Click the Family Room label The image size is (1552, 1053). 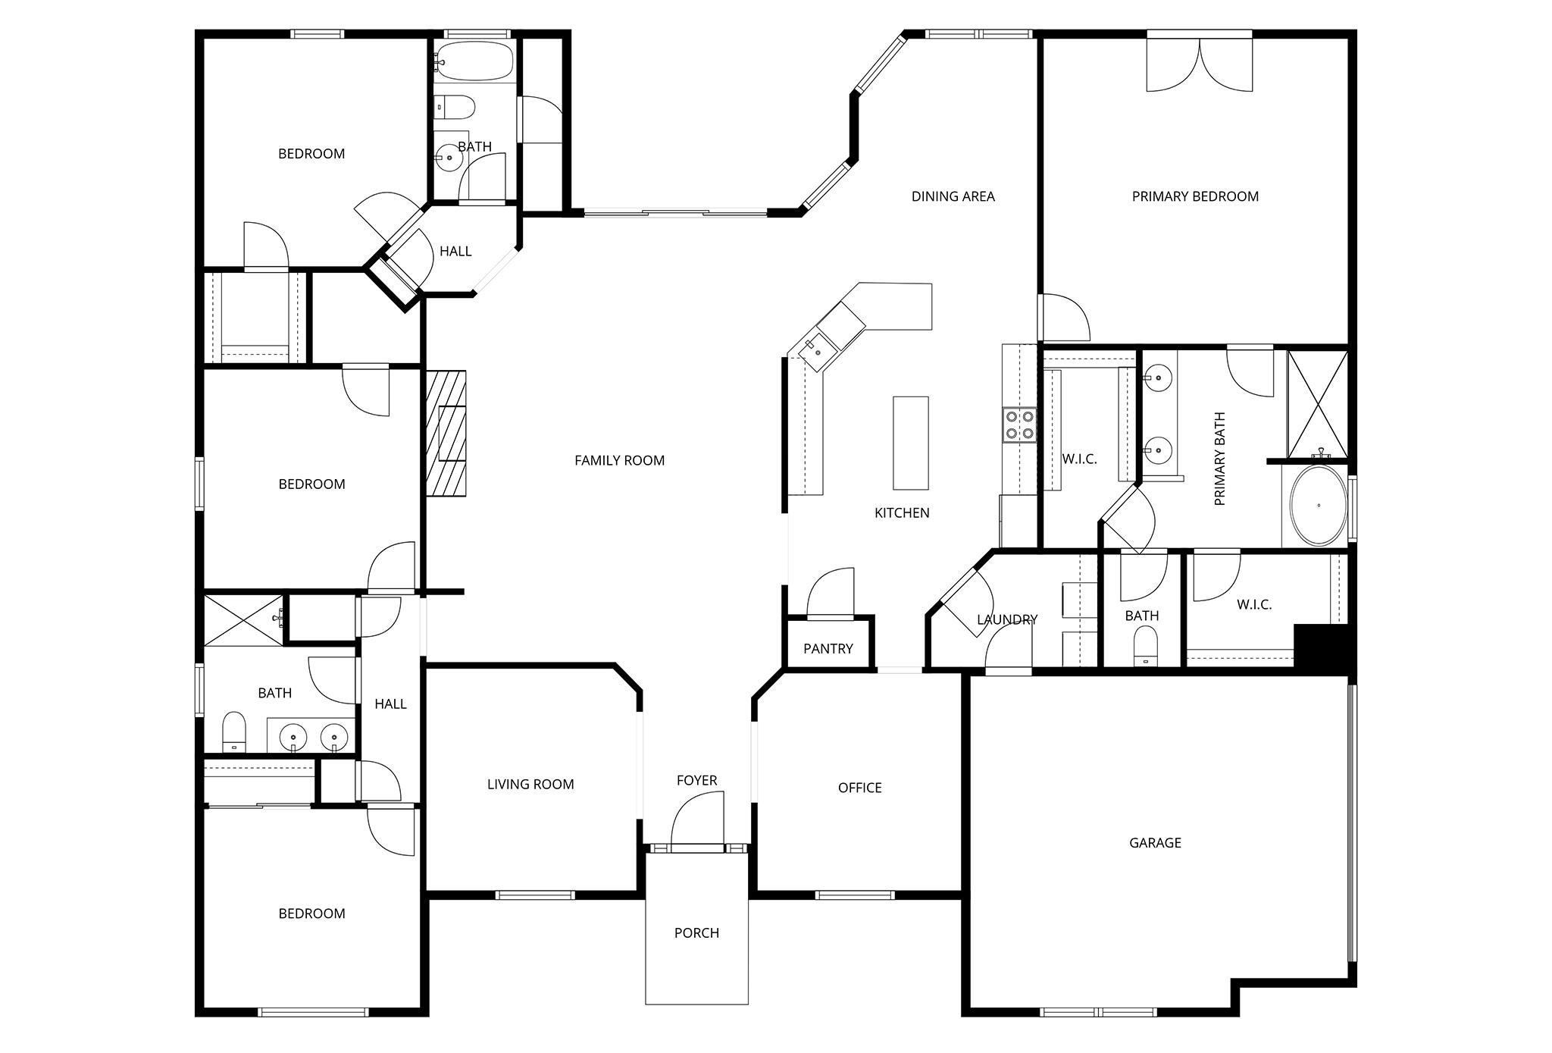(x=619, y=460)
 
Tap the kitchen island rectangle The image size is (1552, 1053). (x=910, y=443)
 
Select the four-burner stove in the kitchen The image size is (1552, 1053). (x=1019, y=425)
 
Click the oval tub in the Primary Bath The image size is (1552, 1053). (x=1319, y=506)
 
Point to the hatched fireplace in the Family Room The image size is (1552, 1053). (x=446, y=434)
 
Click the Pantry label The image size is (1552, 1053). (x=828, y=648)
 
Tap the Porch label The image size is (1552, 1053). (x=696, y=932)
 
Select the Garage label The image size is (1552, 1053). (x=1155, y=842)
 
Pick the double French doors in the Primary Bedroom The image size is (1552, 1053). (x=1199, y=64)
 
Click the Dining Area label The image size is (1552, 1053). (x=953, y=196)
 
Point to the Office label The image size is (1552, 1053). (x=859, y=788)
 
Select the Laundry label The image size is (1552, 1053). (x=1006, y=619)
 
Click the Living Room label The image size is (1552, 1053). (x=530, y=784)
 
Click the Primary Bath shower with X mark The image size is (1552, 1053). (x=1318, y=404)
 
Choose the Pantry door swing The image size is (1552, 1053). (x=831, y=594)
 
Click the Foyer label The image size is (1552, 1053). (x=696, y=780)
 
